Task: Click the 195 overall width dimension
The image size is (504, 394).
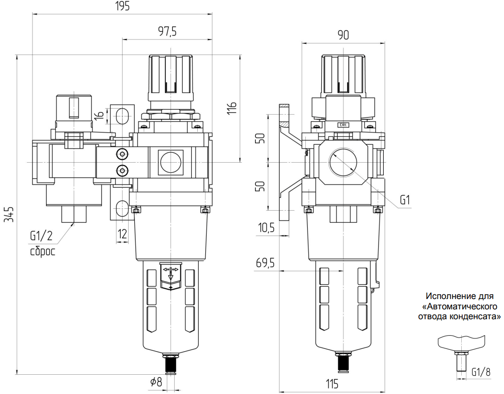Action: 121,6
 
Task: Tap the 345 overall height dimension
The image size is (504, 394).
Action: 10,214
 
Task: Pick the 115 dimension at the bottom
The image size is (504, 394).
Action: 332,384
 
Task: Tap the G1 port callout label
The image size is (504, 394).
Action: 405,200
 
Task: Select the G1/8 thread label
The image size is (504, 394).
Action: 481,372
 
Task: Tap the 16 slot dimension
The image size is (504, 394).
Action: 98,115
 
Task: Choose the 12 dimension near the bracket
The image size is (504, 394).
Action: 122,234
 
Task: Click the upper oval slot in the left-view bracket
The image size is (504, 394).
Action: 121,115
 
